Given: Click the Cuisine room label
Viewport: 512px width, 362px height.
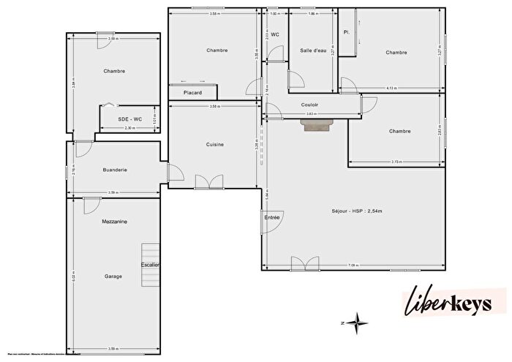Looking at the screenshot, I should [x=214, y=144].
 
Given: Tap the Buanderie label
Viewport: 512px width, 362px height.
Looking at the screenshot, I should [x=116, y=169].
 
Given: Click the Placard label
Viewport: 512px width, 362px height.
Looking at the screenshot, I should [x=193, y=92].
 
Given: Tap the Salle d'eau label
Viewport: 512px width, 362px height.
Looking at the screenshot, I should [x=313, y=50].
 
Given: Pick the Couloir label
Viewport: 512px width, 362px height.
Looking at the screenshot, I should [x=309, y=105].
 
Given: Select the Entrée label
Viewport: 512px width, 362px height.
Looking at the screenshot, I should [x=271, y=217].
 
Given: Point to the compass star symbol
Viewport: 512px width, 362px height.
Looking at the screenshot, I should [x=358, y=320].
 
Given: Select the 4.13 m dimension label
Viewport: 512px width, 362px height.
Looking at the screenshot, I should [x=392, y=88].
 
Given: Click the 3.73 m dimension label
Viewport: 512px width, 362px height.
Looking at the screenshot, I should [x=396, y=162].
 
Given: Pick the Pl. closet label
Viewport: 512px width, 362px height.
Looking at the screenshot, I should [x=347, y=32].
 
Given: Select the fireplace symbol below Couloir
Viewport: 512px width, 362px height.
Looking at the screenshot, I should [x=317, y=125].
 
